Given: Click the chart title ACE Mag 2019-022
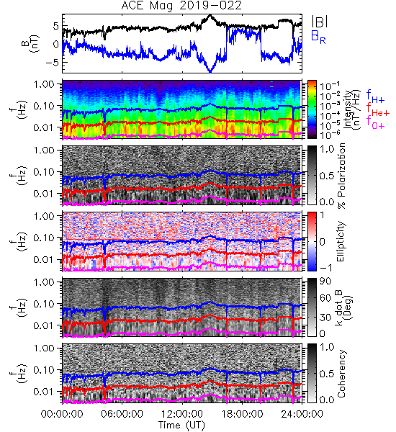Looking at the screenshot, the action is [181, 5].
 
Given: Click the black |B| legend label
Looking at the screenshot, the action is [320, 21].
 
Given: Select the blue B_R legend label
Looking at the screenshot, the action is [318, 37].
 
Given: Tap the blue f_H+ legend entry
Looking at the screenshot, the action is [375, 96].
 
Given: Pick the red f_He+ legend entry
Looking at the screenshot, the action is [378, 109].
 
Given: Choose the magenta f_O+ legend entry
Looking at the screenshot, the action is [375, 122].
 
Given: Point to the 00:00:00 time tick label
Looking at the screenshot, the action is [62, 414].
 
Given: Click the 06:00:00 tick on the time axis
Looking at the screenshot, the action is [122, 414].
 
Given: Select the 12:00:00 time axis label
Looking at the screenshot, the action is [182, 414].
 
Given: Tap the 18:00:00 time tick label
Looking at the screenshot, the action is [242, 414].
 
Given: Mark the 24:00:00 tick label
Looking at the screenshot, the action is [302, 414].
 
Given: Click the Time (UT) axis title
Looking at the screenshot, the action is [182, 425].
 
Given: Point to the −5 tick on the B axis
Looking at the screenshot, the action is [53, 62].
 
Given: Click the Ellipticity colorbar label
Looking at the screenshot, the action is [341, 242].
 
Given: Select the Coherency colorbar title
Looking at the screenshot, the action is [341, 374].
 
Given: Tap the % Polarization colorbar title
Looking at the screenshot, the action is [341, 176].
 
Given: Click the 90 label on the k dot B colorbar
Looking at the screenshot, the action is [325, 281].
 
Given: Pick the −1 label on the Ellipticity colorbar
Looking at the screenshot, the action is [325, 268].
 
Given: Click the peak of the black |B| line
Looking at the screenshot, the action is [210, 15].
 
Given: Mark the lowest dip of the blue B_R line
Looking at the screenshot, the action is [210, 72].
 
